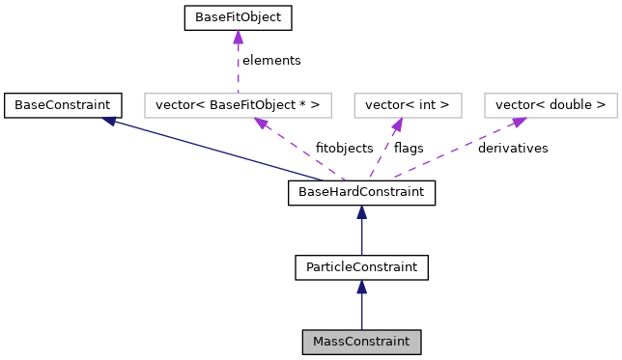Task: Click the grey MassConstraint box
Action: pyautogui.click(x=361, y=342)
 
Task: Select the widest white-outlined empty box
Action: pyautogui.click(x=238, y=105)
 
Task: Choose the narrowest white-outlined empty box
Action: pyautogui.click(x=408, y=105)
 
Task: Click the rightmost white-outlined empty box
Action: pyautogui.click(x=551, y=105)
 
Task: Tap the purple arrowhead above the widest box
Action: pyautogui.click(x=238, y=37)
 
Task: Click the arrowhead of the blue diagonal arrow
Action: pyautogui.click(x=109, y=121)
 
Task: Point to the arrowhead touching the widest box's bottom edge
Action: pyautogui.click(x=261, y=124)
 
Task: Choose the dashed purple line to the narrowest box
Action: pyautogui.click(x=382, y=151)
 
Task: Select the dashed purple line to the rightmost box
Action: pyautogui.click(x=454, y=150)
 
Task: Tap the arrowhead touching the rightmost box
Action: pyautogui.click(x=519, y=122)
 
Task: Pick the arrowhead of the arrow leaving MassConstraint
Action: pyautogui.click(x=361, y=287)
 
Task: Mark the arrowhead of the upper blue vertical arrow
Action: pyautogui.click(x=361, y=211)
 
